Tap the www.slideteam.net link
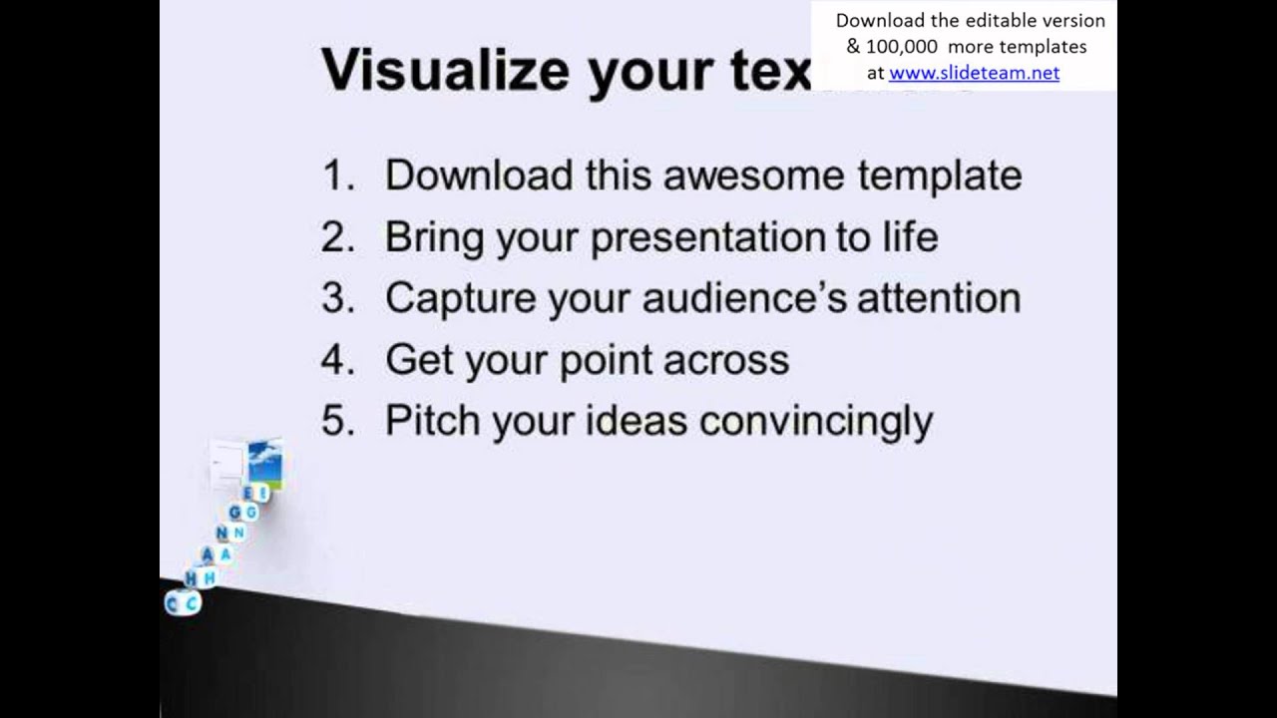click(974, 72)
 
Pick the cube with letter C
click(183, 602)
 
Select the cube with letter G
click(242, 513)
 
